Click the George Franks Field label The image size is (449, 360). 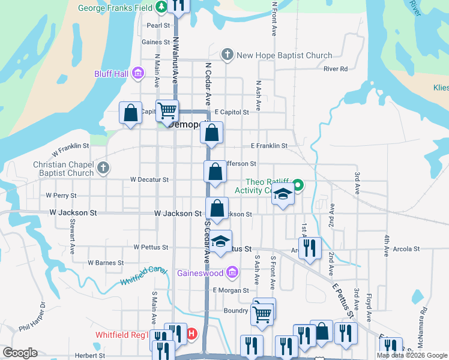tap(116, 9)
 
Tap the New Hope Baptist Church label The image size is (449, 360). tap(285, 56)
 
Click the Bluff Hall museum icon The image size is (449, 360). tap(139, 74)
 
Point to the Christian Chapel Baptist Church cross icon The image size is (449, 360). tap(103, 168)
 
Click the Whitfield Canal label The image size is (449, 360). tap(143, 275)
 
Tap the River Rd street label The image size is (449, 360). tap(336, 69)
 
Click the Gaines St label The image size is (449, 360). tap(156, 42)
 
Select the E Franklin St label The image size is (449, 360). tap(269, 146)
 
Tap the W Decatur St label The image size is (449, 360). tap(149, 179)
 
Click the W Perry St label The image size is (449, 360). tap(61, 196)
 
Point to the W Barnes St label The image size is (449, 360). tap(106, 263)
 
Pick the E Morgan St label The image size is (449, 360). tap(230, 290)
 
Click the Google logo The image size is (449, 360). tap(20, 353)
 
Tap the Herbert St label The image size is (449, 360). tap(91, 355)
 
